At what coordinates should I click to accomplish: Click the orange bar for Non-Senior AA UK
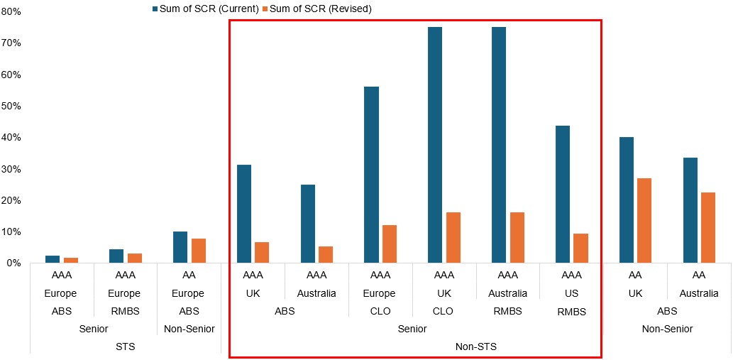pyautogui.click(x=644, y=220)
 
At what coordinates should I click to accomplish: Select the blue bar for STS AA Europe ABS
pyautogui.click(x=180, y=247)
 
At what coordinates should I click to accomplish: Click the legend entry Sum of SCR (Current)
pyautogui.click(x=209, y=9)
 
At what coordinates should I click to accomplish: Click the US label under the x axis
pyautogui.click(x=571, y=293)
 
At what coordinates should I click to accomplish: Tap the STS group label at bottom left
pyautogui.click(x=126, y=347)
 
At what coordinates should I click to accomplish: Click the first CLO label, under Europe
pyautogui.click(x=380, y=310)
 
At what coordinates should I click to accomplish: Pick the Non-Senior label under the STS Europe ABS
pyautogui.click(x=189, y=329)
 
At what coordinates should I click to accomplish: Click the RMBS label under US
pyautogui.click(x=571, y=311)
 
